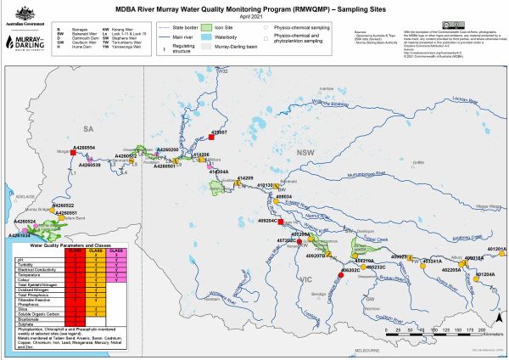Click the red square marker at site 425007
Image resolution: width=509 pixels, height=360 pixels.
pyautogui.click(x=210, y=138)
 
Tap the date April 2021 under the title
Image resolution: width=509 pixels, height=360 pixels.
pyautogui.click(x=254, y=17)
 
